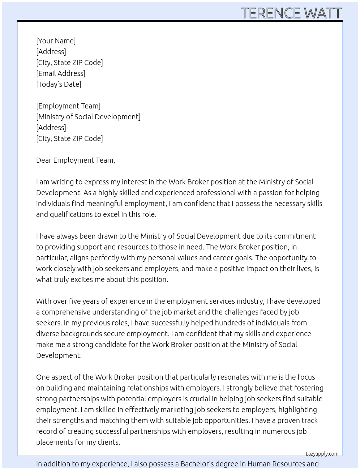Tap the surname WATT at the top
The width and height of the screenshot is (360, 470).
coord(323,13)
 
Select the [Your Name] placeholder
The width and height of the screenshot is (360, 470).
coord(56,41)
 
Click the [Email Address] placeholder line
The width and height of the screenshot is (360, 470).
coord(61,73)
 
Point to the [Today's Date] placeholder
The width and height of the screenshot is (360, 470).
coord(59,84)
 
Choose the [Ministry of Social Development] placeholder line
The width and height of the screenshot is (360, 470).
coord(88,117)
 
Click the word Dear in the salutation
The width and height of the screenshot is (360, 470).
coord(44,160)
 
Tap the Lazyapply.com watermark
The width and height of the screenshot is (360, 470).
coord(322,454)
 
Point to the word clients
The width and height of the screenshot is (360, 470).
coord(109,442)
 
